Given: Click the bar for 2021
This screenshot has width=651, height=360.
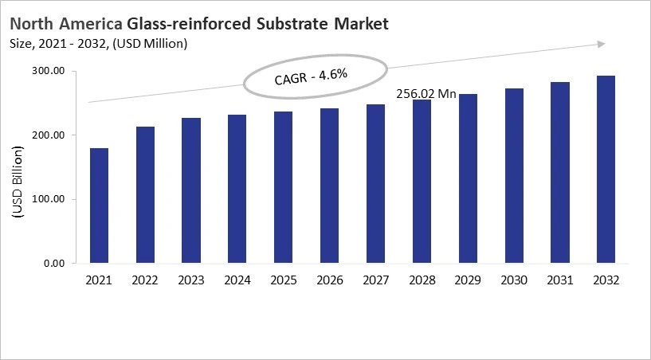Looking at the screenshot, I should coord(99,205).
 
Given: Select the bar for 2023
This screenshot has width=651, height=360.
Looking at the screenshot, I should coord(191,190).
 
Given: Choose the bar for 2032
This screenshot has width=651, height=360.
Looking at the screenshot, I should coord(606,169).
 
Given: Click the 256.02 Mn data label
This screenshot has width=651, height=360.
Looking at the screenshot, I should coord(426,93).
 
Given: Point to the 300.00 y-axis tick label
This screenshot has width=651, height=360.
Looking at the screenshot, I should coord(47,71).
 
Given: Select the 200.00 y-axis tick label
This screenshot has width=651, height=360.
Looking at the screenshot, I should coord(47,135).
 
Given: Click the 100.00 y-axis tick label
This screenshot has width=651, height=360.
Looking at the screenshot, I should coord(47,199).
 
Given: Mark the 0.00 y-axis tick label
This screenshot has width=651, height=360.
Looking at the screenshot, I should coord(53,264).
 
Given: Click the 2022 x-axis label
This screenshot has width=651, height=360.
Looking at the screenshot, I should coord(145,280).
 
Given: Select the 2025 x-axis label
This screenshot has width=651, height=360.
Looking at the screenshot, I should coord(284,280).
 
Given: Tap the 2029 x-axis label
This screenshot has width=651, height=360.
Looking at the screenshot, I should coord(469,280).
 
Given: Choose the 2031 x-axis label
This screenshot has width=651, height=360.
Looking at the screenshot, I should coord(560,280).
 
